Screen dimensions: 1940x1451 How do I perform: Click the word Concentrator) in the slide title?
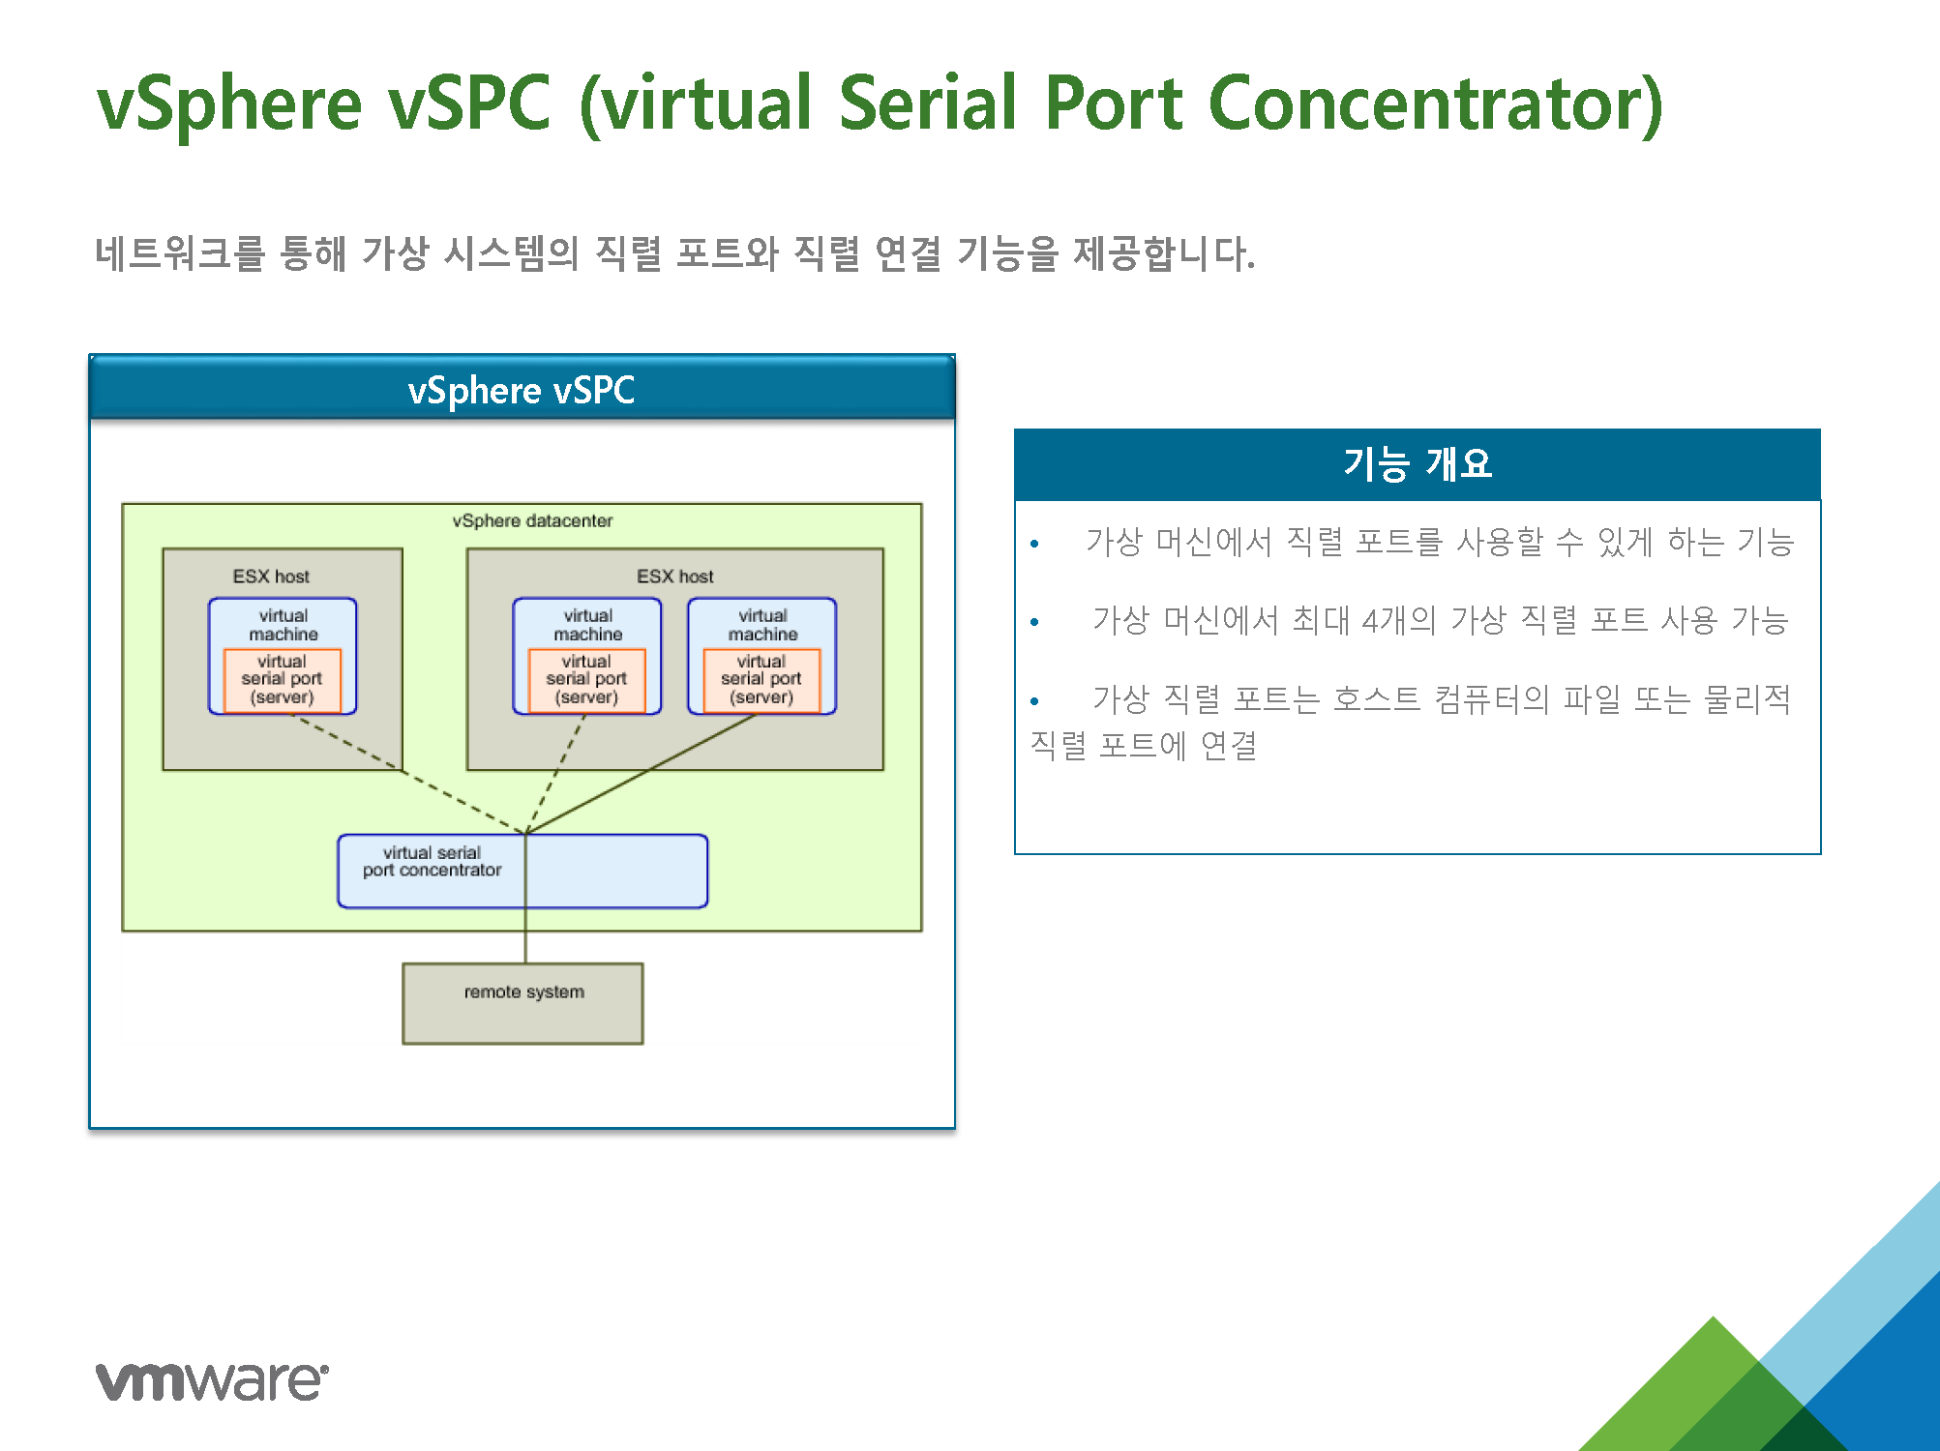1436,104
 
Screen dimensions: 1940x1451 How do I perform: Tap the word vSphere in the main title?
230,105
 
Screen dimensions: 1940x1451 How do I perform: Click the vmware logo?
212,1380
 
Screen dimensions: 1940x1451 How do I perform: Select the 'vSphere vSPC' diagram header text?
522,391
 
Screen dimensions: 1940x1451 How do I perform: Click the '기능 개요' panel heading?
1418,463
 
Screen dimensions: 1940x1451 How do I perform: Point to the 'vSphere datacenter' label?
532,520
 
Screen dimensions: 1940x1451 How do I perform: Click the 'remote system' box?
522,1003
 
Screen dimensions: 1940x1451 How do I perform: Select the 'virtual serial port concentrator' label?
432,861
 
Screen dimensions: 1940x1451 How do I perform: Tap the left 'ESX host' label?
271,577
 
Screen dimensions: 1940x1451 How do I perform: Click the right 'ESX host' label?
674,577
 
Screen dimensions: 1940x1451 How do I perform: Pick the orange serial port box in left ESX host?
283,680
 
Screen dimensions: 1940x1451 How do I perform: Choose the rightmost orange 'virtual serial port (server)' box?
761,680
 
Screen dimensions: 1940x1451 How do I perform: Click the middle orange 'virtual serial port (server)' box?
587,680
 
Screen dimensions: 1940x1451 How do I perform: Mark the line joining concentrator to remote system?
525,899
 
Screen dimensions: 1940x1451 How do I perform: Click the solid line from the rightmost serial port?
641,773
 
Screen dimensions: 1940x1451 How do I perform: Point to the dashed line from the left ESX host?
407,773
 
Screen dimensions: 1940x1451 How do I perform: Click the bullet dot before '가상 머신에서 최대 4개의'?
1034,622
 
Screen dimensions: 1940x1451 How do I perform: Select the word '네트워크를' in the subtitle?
180,253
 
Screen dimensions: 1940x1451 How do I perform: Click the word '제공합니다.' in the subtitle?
1164,253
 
